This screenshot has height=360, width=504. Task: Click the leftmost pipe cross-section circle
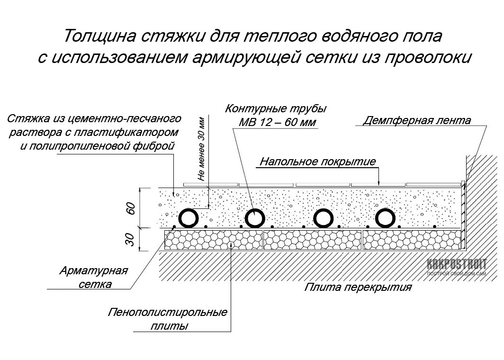[189, 218]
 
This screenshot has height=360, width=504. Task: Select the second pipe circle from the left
[255, 218]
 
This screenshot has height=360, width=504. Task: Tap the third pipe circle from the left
[324, 218]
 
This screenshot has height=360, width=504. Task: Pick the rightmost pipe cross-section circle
[386, 218]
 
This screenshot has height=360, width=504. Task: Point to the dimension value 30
[131, 240]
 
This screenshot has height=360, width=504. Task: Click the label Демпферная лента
[417, 120]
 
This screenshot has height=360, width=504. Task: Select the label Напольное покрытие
[317, 161]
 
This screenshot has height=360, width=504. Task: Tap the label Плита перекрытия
[358, 287]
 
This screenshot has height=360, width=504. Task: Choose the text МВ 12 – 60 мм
[278, 123]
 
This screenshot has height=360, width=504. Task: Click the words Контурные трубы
[276, 108]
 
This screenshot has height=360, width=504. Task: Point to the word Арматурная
[93, 270]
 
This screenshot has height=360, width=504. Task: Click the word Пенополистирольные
[168, 312]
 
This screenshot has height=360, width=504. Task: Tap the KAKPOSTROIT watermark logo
[457, 267]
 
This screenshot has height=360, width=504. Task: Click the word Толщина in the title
[99, 36]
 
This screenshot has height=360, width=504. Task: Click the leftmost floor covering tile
[210, 185]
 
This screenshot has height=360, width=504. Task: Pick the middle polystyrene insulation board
[313, 240]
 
